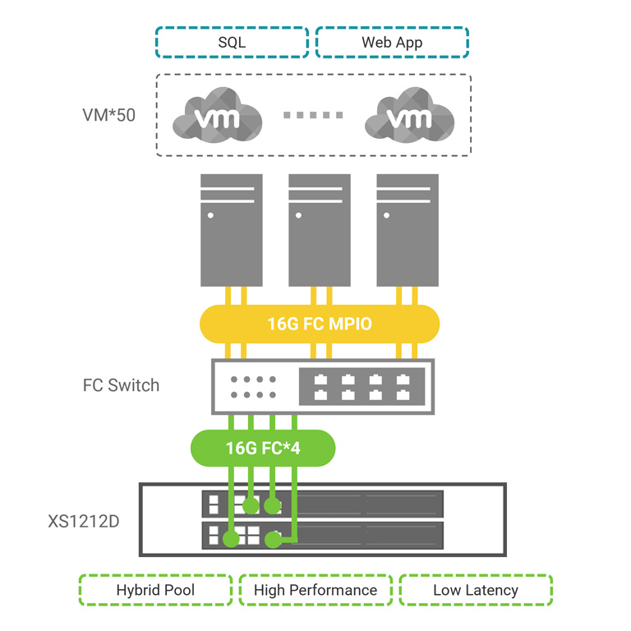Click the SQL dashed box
(232, 42)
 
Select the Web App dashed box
(392, 42)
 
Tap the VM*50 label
(108, 115)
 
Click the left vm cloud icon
(217, 115)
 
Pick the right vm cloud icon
(410, 115)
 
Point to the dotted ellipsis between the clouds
(313, 115)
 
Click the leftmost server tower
(232, 230)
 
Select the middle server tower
(320, 230)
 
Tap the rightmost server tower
(408, 230)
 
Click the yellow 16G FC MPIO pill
(320, 324)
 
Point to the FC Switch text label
(121, 385)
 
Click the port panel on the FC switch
(362, 386)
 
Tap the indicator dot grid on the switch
(253, 387)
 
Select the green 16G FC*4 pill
(263, 448)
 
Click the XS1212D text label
(84, 521)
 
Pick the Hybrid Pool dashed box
(156, 590)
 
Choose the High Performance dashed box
(315, 590)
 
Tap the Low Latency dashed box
(476, 590)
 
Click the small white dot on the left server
(210, 215)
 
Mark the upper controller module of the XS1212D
(322, 504)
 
